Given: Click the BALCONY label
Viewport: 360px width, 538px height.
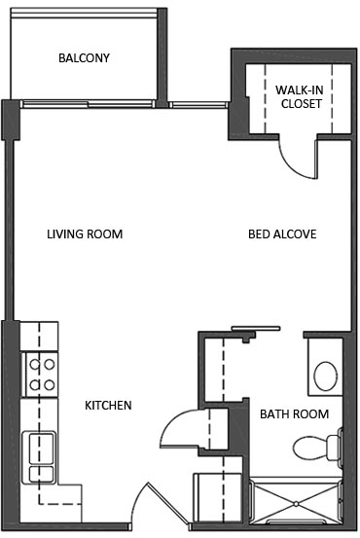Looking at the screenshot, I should point(84,58).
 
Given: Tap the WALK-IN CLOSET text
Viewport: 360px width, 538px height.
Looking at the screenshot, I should point(300,95).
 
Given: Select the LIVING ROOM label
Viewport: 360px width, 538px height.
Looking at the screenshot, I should point(85,234).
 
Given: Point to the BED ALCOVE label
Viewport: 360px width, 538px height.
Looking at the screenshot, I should point(282,234).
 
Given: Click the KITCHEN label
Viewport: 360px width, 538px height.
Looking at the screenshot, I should point(108,406).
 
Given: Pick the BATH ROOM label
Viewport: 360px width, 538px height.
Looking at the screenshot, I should point(294,414).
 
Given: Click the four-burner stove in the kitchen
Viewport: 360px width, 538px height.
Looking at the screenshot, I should point(41,375).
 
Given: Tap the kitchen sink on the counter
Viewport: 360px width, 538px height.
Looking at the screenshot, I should point(41,458).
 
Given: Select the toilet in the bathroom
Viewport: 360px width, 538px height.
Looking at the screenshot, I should point(313,448).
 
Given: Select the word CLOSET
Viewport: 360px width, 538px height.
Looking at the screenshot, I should point(300,103).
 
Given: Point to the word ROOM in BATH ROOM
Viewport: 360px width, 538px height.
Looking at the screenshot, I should point(311,414).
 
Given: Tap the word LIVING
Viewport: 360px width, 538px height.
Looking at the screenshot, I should point(65,234).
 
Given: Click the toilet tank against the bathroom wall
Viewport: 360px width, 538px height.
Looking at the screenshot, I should point(334,448).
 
